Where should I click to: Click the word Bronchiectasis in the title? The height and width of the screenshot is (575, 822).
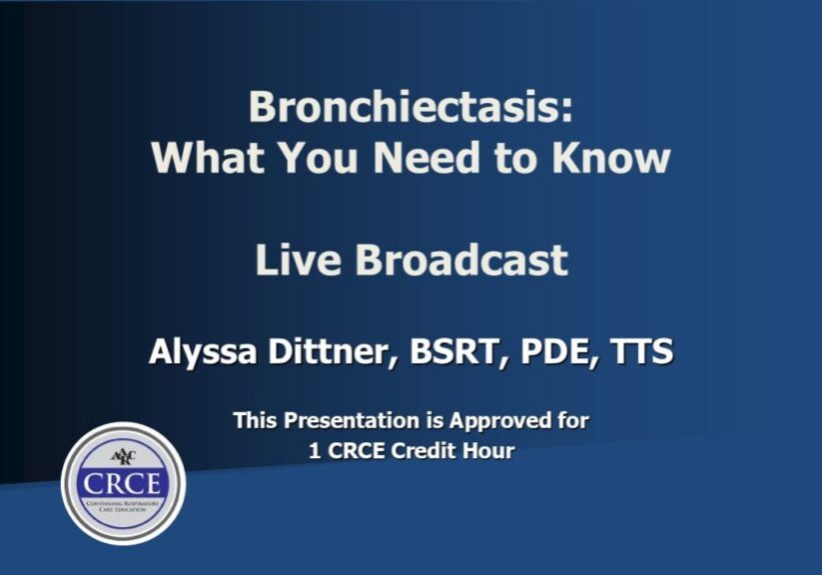point(411,108)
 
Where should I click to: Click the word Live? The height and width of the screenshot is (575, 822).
point(298,261)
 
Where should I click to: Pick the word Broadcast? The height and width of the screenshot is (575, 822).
point(461,261)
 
